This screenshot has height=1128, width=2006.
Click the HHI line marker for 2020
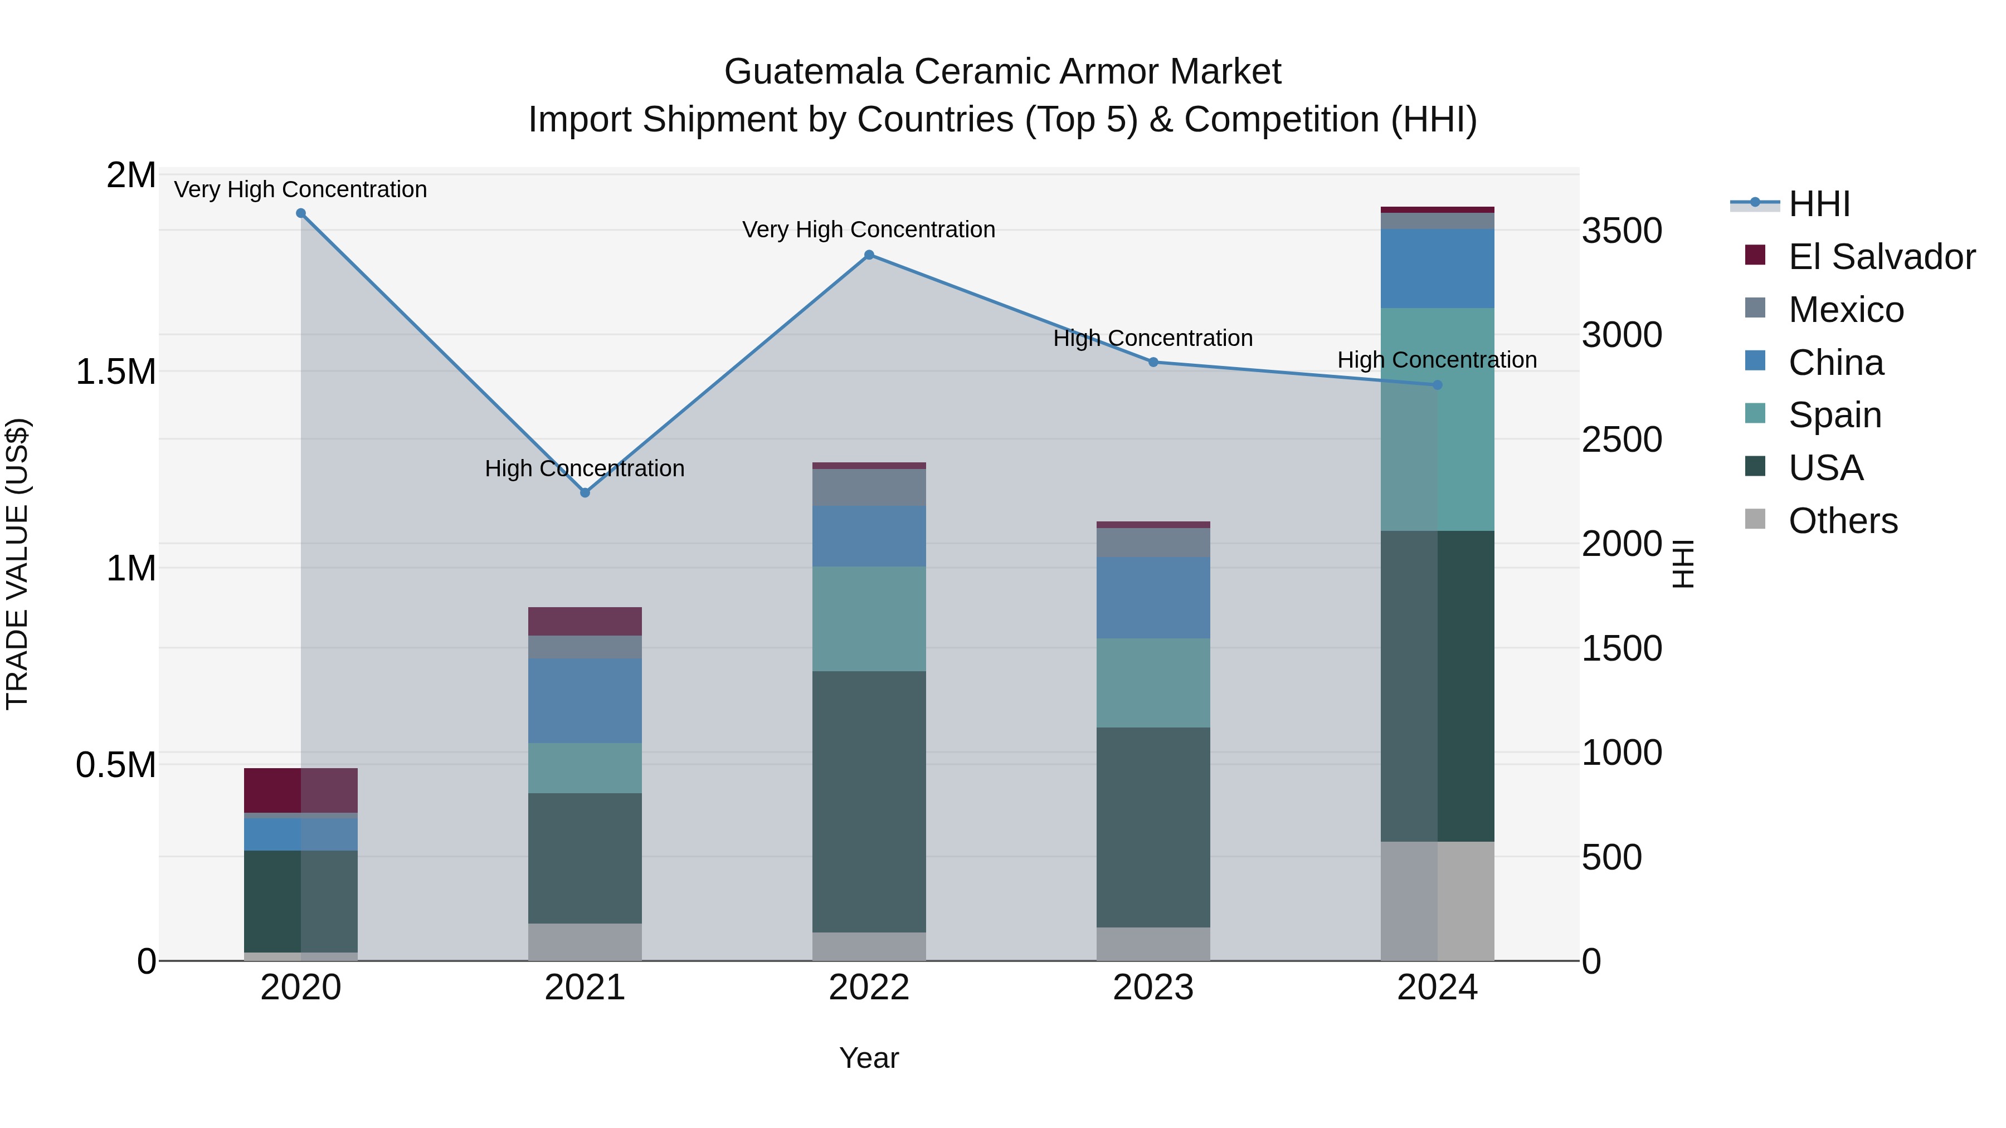coord(300,213)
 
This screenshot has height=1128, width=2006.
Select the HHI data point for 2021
coord(585,493)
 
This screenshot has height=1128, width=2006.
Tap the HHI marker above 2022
coord(869,255)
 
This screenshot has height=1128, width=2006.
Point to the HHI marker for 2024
coord(1438,384)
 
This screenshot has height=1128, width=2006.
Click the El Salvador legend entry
coord(1881,257)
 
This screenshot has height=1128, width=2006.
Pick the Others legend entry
coord(1843,521)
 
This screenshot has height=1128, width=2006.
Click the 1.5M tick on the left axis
coord(115,372)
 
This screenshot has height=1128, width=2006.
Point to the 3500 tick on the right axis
coord(1622,231)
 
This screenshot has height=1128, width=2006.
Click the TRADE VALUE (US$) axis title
coord(17,564)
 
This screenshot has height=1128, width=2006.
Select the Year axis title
coord(869,1058)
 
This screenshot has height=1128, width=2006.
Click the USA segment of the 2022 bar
coord(869,802)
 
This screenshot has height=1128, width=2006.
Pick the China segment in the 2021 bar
coord(585,701)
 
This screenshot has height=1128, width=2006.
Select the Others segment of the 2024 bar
coord(1438,901)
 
